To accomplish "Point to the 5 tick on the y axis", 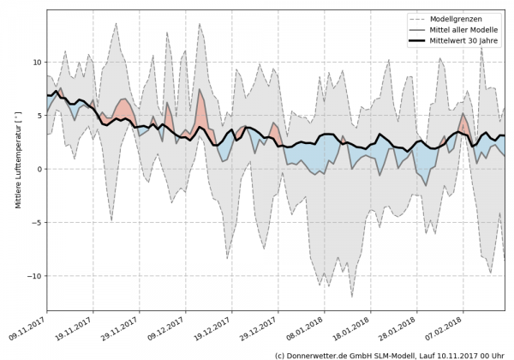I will click(38, 116).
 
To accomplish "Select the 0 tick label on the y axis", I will click(38, 169).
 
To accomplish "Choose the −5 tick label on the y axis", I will click(35, 223).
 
